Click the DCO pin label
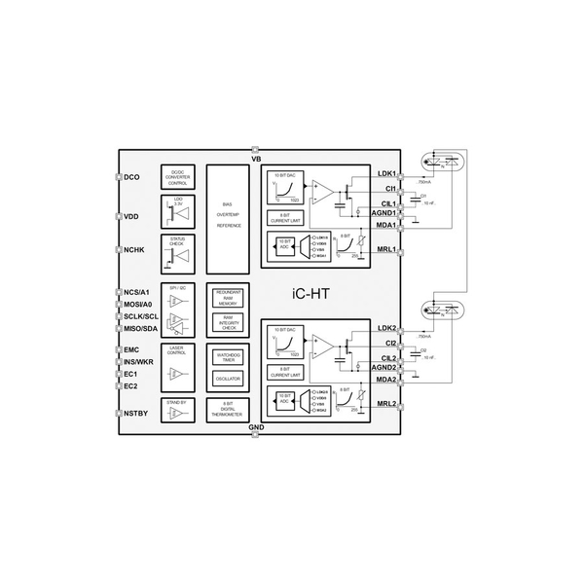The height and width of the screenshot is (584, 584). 134,177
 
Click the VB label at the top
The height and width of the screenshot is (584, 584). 256,158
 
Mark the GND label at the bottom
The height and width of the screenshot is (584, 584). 256,426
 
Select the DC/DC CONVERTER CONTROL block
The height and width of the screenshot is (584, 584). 177,175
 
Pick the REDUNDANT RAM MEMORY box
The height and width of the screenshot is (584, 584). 228,297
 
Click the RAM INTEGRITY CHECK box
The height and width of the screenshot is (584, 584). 228,322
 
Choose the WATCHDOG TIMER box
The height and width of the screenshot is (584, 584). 228,357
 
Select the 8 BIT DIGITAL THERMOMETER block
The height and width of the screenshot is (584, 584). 228,409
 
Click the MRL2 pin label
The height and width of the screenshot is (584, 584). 385,404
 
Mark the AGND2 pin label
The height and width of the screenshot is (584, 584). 383,368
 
